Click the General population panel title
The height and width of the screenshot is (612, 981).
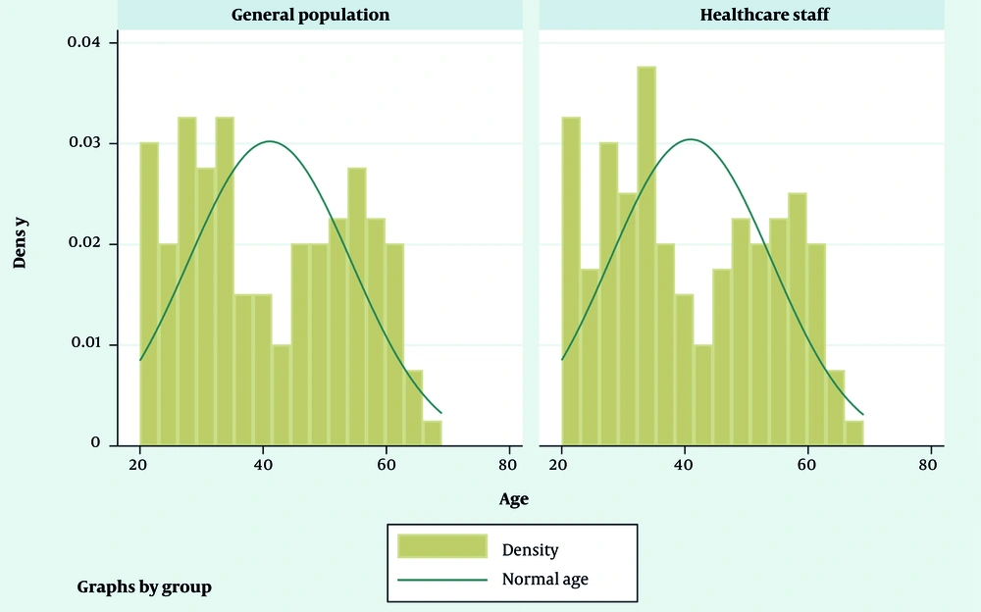310,15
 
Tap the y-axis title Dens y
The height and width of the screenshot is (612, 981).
21,241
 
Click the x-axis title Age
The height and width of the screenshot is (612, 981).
513,499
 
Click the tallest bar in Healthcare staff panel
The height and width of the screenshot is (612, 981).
645,255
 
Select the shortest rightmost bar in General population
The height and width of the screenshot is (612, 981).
433,433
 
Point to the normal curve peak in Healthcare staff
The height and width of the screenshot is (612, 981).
691,139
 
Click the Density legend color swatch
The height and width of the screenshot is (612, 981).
441,547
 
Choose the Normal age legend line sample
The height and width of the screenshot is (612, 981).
441,580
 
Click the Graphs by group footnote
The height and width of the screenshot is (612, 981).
144,587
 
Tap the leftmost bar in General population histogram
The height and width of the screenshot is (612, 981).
149,293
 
